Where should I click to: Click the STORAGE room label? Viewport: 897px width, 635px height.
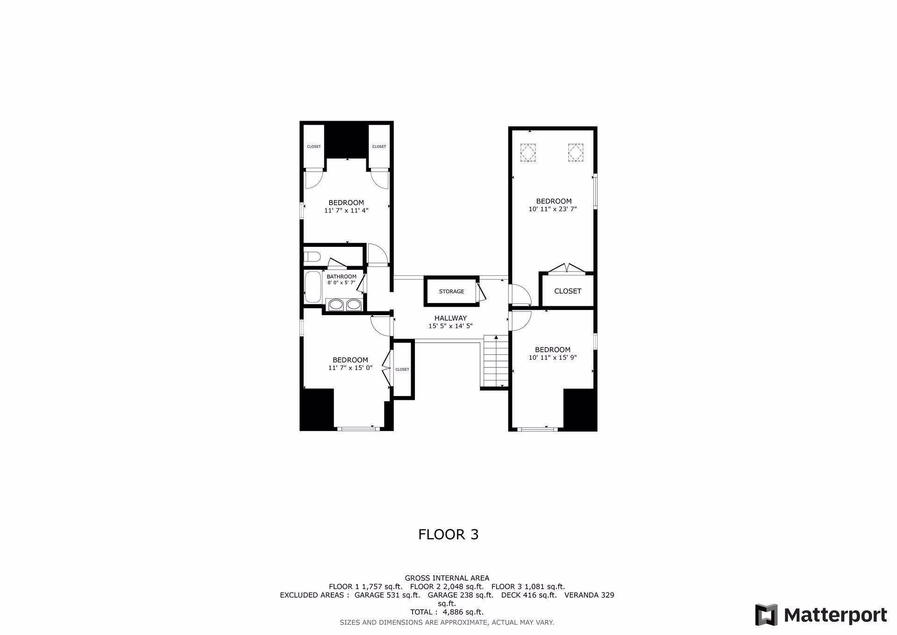point(451,292)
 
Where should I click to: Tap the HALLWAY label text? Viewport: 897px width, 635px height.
point(450,318)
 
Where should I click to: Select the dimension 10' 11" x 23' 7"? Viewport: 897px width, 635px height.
point(553,209)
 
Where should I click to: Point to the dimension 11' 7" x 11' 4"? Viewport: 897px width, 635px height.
point(346,211)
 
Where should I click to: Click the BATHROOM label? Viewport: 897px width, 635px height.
point(342,277)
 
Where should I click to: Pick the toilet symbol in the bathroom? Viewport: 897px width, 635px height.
point(311,257)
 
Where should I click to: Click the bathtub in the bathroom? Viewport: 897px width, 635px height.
point(313,287)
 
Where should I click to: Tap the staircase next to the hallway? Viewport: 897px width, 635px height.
point(495,361)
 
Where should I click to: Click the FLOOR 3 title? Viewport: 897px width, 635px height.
point(448,534)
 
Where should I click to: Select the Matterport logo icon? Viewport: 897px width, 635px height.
point(766,614)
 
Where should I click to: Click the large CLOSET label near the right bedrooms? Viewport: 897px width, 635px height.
point(568,291)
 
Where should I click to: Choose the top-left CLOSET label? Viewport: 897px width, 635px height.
point(314,147)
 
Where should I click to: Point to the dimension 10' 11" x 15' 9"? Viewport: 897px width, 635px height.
point(553,358)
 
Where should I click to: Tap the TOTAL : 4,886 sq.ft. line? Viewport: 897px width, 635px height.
point(447,612)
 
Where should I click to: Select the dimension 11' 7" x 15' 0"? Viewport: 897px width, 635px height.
point(350,368)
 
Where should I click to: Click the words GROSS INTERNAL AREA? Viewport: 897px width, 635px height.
point(447,578)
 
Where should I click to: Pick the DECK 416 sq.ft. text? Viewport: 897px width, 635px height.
point(529,595)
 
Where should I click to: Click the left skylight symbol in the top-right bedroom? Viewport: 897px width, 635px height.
point(528,152)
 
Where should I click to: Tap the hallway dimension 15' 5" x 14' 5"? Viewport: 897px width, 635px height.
point(450,326)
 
